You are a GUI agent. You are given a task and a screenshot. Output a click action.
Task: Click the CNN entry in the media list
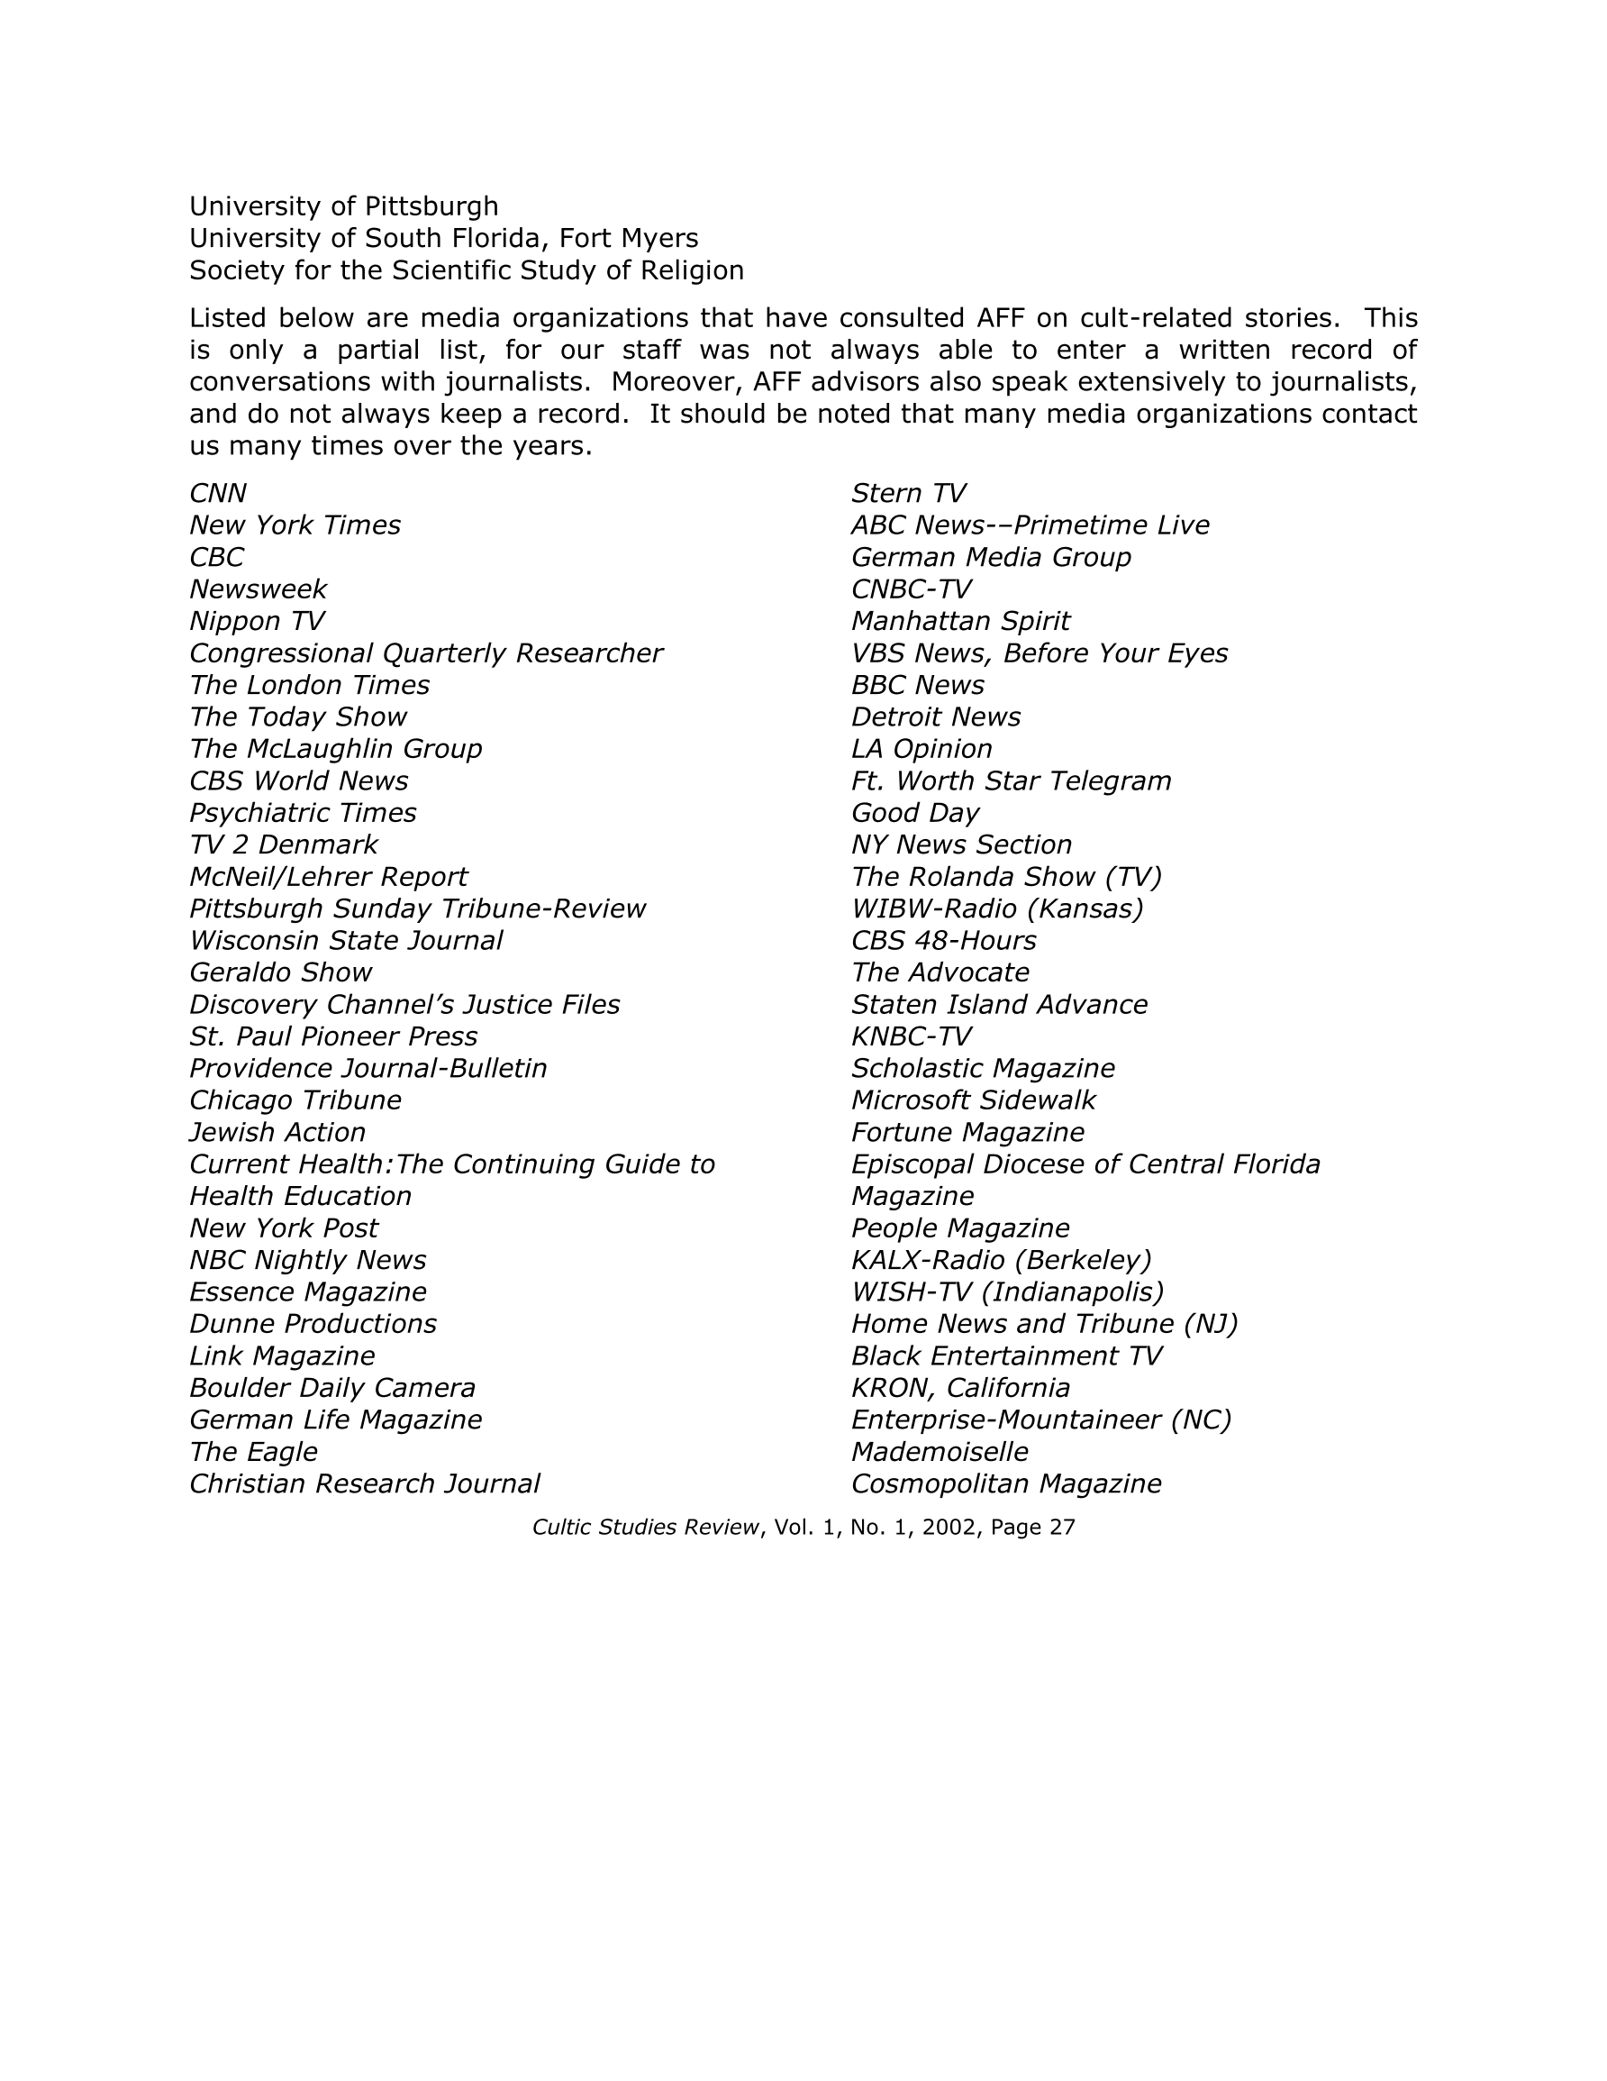[218, 494]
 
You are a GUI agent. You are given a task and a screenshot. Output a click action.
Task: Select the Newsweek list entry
[259, 589]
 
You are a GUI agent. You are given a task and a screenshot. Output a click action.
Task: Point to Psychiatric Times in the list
[303, 813]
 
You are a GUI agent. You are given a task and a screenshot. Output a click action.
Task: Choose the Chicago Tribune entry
[295, 1100]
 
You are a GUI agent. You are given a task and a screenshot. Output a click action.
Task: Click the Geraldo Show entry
[281, 972]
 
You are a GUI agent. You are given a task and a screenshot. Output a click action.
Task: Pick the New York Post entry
[284, 1228]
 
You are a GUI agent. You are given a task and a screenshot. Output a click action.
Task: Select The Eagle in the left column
[253, 1452]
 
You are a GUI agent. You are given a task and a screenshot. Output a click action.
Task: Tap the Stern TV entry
[908, 494]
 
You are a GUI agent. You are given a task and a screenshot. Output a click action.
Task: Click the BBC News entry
[917, 685]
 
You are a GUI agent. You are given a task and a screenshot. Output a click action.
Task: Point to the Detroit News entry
[935, 716]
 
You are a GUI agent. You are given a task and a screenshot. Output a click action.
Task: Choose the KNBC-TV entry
[911, 1036]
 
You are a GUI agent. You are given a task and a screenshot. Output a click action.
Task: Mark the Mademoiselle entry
[940, 1452]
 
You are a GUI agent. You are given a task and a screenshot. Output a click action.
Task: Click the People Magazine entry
[960, 1228]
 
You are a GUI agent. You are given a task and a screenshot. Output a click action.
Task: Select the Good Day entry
[914, 813]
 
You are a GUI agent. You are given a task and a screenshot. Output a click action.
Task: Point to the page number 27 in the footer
[1062, 1528]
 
